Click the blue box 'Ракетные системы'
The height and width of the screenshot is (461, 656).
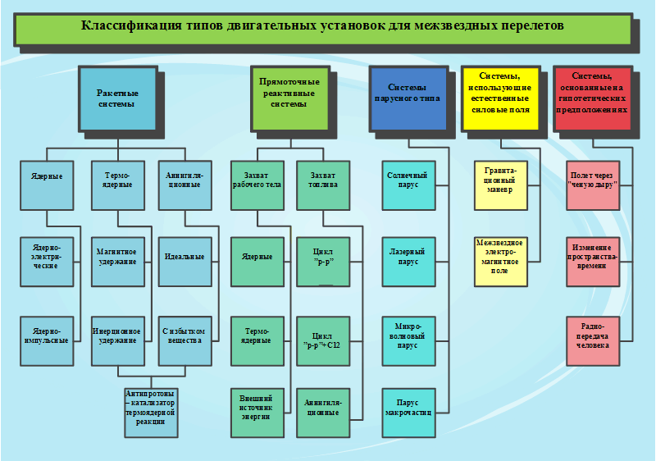[x=116, y=98]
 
